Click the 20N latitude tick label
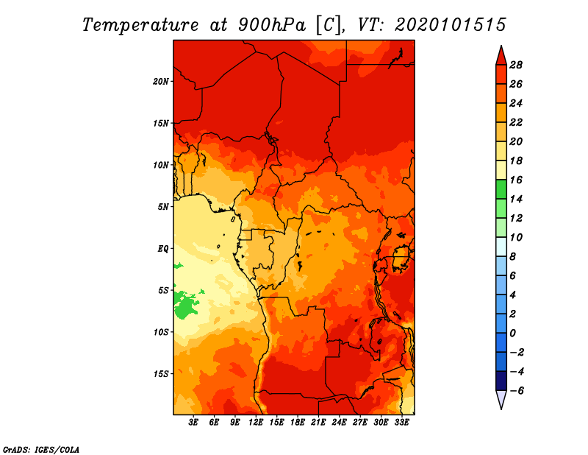pyautogui.click(x=161, y=81)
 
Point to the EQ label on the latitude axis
pyautogui.click(x=162, y=248)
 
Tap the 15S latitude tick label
pyautogui.click(x=161, y=373)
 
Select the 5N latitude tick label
pyautogui.click(x=163, y=206)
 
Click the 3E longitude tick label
pyautogui.click(x=194, y=423)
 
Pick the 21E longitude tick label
pyautogui.click(x=318, y=423)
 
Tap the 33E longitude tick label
pyautogui.click(x=401, y=423)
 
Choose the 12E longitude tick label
pyautogui.click(x=256, y=423)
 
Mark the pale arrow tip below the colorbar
pyautogui.click(x=501, y=402)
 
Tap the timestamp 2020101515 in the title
pyautogui.click(x=450, y=24)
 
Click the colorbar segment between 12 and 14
pyautogui.click(x=501, y=208)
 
